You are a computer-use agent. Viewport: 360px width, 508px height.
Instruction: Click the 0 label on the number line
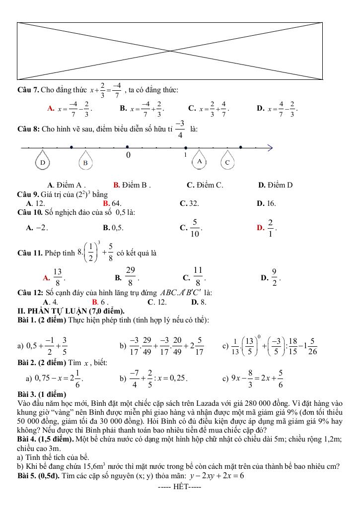[128, 156]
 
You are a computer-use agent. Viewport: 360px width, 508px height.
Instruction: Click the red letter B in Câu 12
[95, 302]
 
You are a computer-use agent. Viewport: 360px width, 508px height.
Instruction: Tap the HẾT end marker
[179, 486]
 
